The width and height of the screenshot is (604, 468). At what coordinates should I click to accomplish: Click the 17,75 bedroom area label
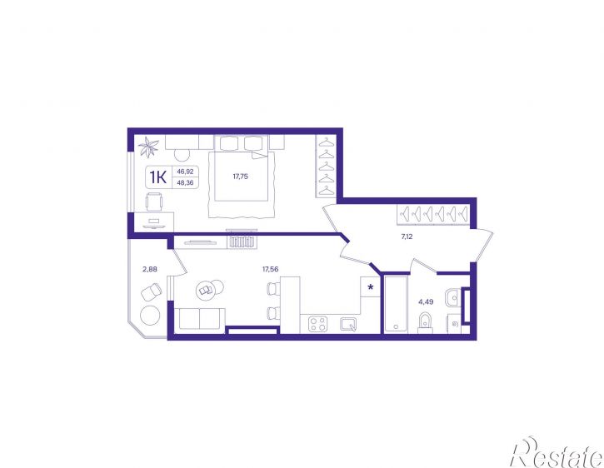click(241, 177)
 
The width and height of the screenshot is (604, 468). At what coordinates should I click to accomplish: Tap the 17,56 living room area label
click(271, 269)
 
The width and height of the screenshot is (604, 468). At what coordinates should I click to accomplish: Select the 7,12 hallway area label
click(407, 236)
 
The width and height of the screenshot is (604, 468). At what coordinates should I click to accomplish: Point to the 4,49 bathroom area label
click(426, 302)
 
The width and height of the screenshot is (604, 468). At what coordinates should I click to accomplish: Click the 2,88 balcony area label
click(150, 269)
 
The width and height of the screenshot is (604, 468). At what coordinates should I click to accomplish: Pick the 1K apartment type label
click(158, 177)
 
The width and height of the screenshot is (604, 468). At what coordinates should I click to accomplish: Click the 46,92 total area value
click(185, 172)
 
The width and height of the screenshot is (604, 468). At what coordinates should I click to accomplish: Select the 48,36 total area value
click(185, 182)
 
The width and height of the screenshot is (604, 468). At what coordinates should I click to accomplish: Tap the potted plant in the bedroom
click(148, 147)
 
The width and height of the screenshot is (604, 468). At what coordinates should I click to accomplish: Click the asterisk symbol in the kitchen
click(371, 287)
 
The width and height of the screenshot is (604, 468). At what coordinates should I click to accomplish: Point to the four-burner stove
click(318, 324)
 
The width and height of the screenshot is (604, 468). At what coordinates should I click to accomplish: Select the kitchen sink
click(348, 324)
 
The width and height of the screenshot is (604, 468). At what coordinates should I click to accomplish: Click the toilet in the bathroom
click(425, 322)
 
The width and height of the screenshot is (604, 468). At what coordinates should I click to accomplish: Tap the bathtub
click(396, 304)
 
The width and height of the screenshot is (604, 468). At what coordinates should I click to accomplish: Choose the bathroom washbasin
click(452, 297)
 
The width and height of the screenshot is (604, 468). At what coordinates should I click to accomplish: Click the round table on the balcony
click(150, 316)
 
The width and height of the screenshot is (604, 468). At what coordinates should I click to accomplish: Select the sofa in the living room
click(200, 320)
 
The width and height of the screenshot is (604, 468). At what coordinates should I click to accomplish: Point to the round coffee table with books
click(206, 290)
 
